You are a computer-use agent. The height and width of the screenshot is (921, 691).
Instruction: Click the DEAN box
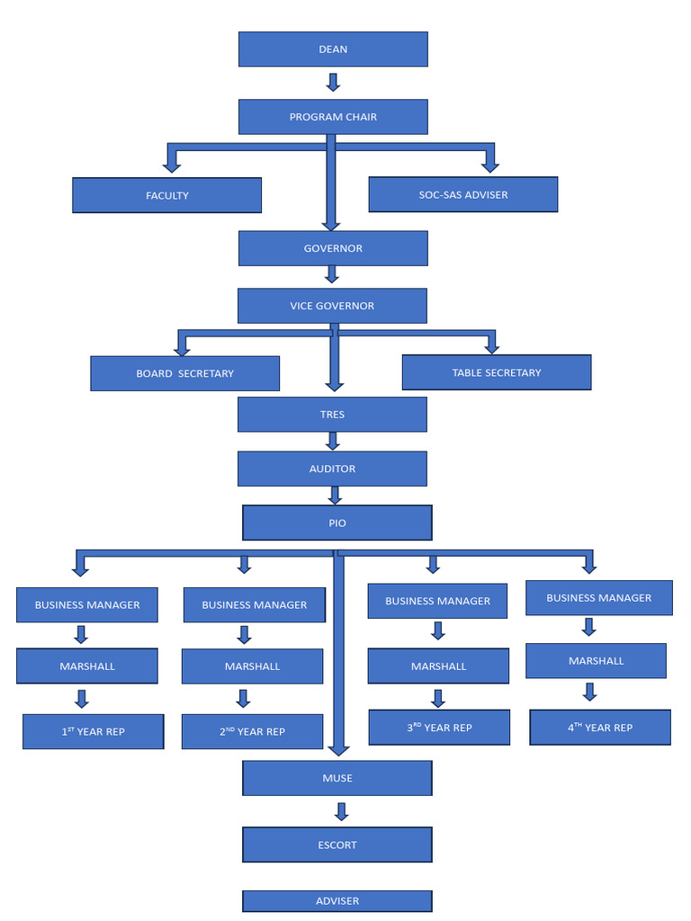pos(333,49)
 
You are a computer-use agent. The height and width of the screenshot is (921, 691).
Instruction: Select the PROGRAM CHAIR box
pos(333,117)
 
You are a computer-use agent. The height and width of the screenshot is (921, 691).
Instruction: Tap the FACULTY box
pos(166,195)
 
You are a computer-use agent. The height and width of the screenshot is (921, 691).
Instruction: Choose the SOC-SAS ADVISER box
pos(462,194)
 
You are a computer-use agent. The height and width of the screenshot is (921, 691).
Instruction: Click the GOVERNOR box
pos(333,248)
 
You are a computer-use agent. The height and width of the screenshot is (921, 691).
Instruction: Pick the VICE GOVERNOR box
pos(332,306)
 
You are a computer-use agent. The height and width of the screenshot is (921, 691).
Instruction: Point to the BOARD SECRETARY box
pos(184,373)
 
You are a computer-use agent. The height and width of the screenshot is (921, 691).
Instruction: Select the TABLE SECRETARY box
pos(496,372)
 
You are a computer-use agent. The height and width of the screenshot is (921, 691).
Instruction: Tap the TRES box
pos(332,415)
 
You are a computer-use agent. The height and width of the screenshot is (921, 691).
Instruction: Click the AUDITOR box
pos(332,469)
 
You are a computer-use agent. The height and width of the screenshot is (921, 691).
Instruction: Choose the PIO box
pos(337,523)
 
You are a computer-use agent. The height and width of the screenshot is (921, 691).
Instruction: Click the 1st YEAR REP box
pos(93,731)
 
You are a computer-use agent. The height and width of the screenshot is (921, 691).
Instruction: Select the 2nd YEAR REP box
pos(252,731)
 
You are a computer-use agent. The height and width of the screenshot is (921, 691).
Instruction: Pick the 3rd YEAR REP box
pos(439,727)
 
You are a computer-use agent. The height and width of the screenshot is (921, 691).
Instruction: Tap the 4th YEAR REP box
pos(599,727)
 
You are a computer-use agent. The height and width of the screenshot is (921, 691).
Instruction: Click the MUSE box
pos(337,778)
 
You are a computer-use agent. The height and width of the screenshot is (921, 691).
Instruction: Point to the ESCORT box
pos(337,845)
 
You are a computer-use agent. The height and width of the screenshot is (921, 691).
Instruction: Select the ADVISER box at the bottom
pos(337,900)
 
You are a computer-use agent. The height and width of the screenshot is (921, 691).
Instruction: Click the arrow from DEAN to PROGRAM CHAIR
pos(333,83)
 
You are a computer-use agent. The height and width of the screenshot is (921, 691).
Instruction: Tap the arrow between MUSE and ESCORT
pos(341,811)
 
